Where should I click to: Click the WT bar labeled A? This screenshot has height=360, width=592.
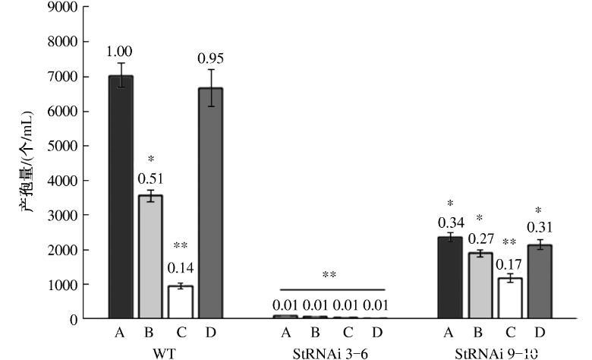[x=121, y=197]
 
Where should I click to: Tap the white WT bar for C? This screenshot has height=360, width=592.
[x=180, y=302]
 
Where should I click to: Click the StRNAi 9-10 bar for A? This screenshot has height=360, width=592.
[x=450, y=278]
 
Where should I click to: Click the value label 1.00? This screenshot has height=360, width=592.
[x=120, y=51]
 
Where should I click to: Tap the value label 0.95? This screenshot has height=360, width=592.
[x=210, y=58]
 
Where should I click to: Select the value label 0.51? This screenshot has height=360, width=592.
[x=150, y=178]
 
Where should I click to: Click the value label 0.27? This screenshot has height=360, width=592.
[x=480, y=236]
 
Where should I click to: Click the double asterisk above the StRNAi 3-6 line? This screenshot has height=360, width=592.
[x=329, y=275]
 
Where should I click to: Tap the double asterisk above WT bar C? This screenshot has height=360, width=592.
[x=180, y=246]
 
